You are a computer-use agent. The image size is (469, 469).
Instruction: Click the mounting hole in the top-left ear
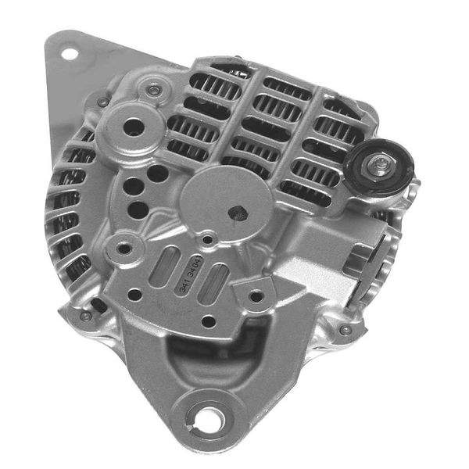(70, 54)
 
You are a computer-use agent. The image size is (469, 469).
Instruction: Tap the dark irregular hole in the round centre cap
(238, 213)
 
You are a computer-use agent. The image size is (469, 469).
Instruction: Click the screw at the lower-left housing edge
(85, 317)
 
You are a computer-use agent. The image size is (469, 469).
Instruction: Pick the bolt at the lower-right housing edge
(345, 330)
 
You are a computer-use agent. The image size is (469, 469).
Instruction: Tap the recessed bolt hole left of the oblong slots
(124, 250)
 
